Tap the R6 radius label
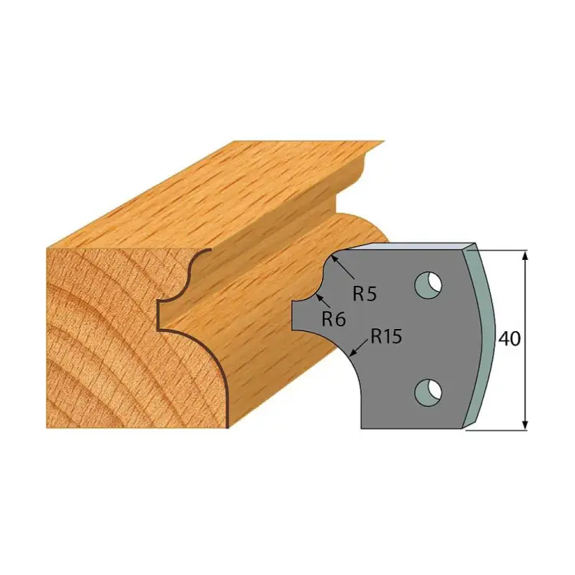pyautogui.click(x=333, y=319)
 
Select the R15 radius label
pyautogui.click(x=386, y=336)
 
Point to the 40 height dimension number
pyautogui.click(x=510, y=338)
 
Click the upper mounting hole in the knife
pyautogui.click(x=428, y=285)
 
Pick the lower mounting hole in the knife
pyautogui.click(x=428, y=393)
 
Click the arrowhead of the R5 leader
pyautogui.click(x=333, y=258)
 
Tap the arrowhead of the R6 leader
pyautogui.click(x=318, y=297)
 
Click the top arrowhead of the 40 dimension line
pyautogui.click(x=525, y=255)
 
